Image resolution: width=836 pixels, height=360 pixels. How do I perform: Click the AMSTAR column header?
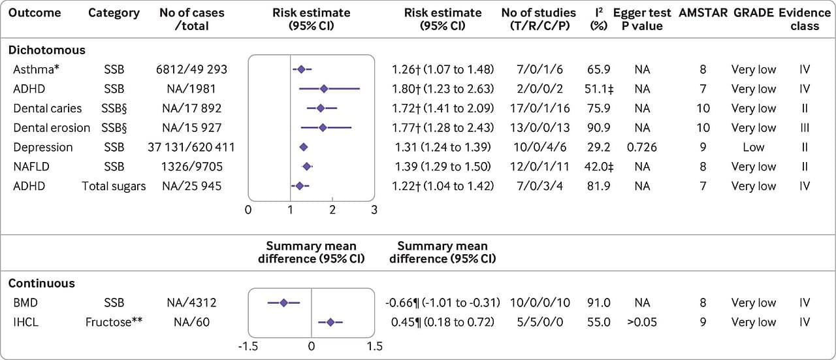pyautogui.click(x=703, y=12)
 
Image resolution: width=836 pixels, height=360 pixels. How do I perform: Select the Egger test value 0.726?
pyautogui.click(x=642, y=147)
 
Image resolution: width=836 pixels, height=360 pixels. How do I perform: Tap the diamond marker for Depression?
pyautogui.click(x=304, y=147)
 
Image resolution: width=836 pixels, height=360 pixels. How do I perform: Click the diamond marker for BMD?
pyautogui.click(x=283, y=303)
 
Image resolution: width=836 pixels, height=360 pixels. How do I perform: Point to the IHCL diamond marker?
pyautogui.click(x=330, y=322)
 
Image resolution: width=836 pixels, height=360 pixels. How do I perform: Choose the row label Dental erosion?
pyautogui.click(x=52, y=127)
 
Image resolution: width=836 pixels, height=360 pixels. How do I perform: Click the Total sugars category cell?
pyautogui.click(x=114, y=186)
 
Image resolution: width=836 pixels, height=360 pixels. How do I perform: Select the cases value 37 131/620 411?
pyautogui.click(x=191, y=147)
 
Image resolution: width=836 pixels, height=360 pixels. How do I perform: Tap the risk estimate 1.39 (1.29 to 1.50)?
pyautogui.click(x=443, y=167)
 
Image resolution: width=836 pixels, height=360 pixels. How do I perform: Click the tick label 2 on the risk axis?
pyautogui.click(x=332, y=210)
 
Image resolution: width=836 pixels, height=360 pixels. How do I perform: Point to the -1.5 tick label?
pyautogui.click(x=248, y=346)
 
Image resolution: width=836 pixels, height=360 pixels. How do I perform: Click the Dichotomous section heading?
pyautogui.click(x=46, y=50)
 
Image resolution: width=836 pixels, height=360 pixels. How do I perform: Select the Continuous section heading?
pyautogui.click(x=41, y=284)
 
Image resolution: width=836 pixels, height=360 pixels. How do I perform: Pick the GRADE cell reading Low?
pyautogui.click(x=754, y=147)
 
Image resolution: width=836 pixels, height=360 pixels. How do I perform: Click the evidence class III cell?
pyautogui.click(x=805, y=127)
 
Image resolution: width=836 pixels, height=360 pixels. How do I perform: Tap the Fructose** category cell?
pyautogui.click(x=114, y=322)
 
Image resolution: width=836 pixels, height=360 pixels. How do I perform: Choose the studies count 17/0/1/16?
pyautogui.click(x=539, y=108)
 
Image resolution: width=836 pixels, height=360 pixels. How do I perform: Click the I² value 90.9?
pyautogui.click(x=599, y=127)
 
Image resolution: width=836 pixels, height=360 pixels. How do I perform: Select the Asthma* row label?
pyautogui.click(x=36, y=69)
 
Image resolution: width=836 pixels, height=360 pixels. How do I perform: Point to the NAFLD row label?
pyautogui.click(x=31, y=167)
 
